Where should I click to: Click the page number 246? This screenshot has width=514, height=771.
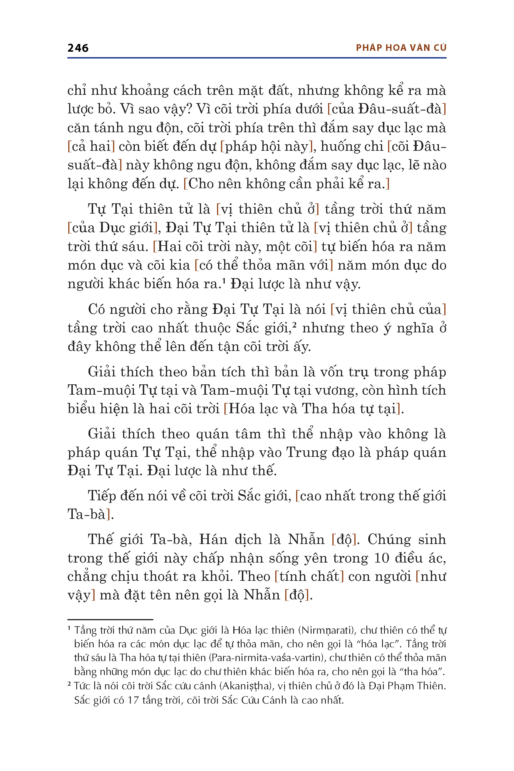point(78,48)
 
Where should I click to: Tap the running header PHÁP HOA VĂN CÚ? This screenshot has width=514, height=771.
point(401,48)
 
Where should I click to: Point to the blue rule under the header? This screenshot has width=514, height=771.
point(257,58)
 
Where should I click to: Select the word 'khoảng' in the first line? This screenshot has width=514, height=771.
point(144,91)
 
